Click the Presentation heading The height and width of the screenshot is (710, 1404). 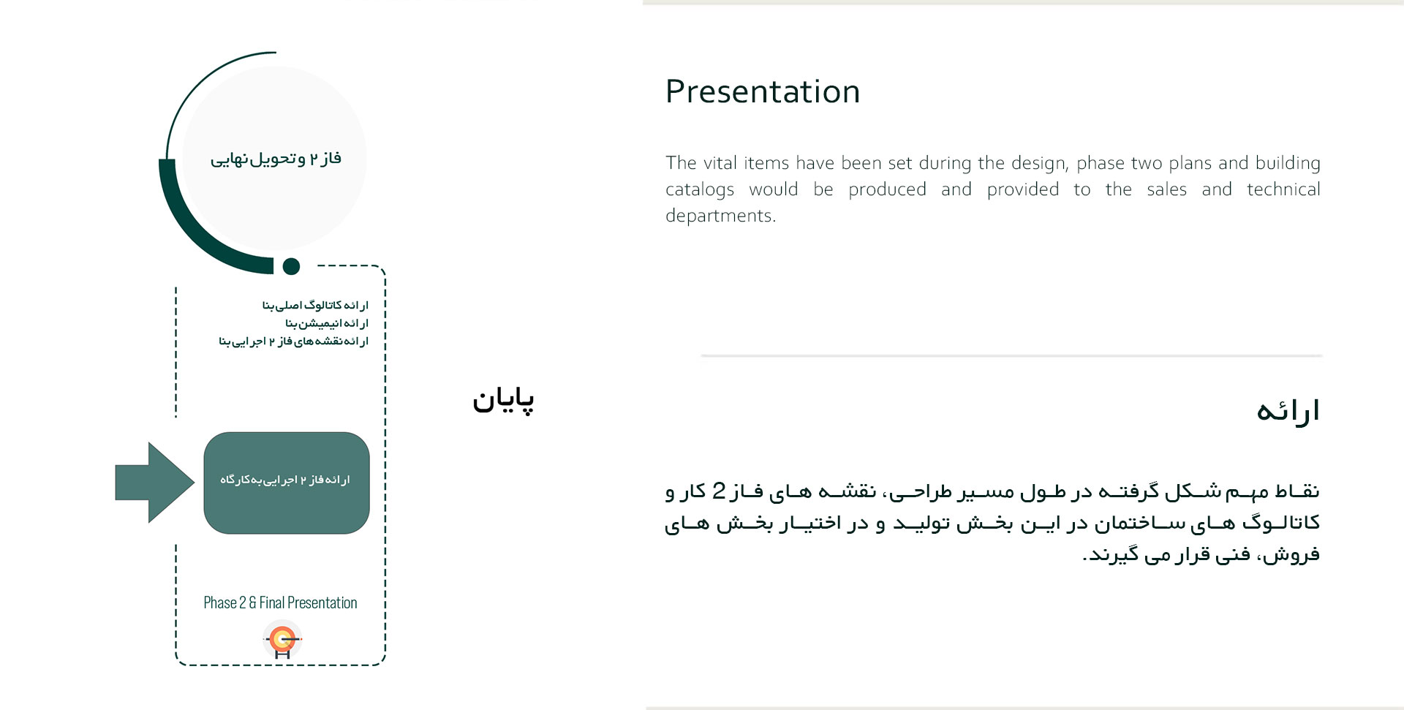point(763,92)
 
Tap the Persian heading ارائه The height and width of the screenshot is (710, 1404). point(1288,411)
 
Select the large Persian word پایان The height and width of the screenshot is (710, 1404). point(503,399)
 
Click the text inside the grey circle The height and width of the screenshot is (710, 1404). point(276,159)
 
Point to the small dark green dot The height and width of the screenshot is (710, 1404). point(291,266)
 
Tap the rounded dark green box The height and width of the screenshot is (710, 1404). point(287,483)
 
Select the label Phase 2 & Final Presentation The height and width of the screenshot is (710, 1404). point(280,603)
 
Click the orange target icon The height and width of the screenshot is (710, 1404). point(282,640)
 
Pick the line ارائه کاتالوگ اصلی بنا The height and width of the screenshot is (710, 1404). point(315,305)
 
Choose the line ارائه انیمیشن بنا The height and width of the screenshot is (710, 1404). point(327,323)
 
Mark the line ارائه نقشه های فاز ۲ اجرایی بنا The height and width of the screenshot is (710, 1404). point(293,341)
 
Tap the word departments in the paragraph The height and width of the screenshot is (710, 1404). point(720,216)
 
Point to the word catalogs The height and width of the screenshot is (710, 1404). point(700,190)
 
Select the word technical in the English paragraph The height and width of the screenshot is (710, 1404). point(1283,189)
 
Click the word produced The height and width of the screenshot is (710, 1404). point(887,189)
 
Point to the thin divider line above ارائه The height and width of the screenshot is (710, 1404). point(1011,356)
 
